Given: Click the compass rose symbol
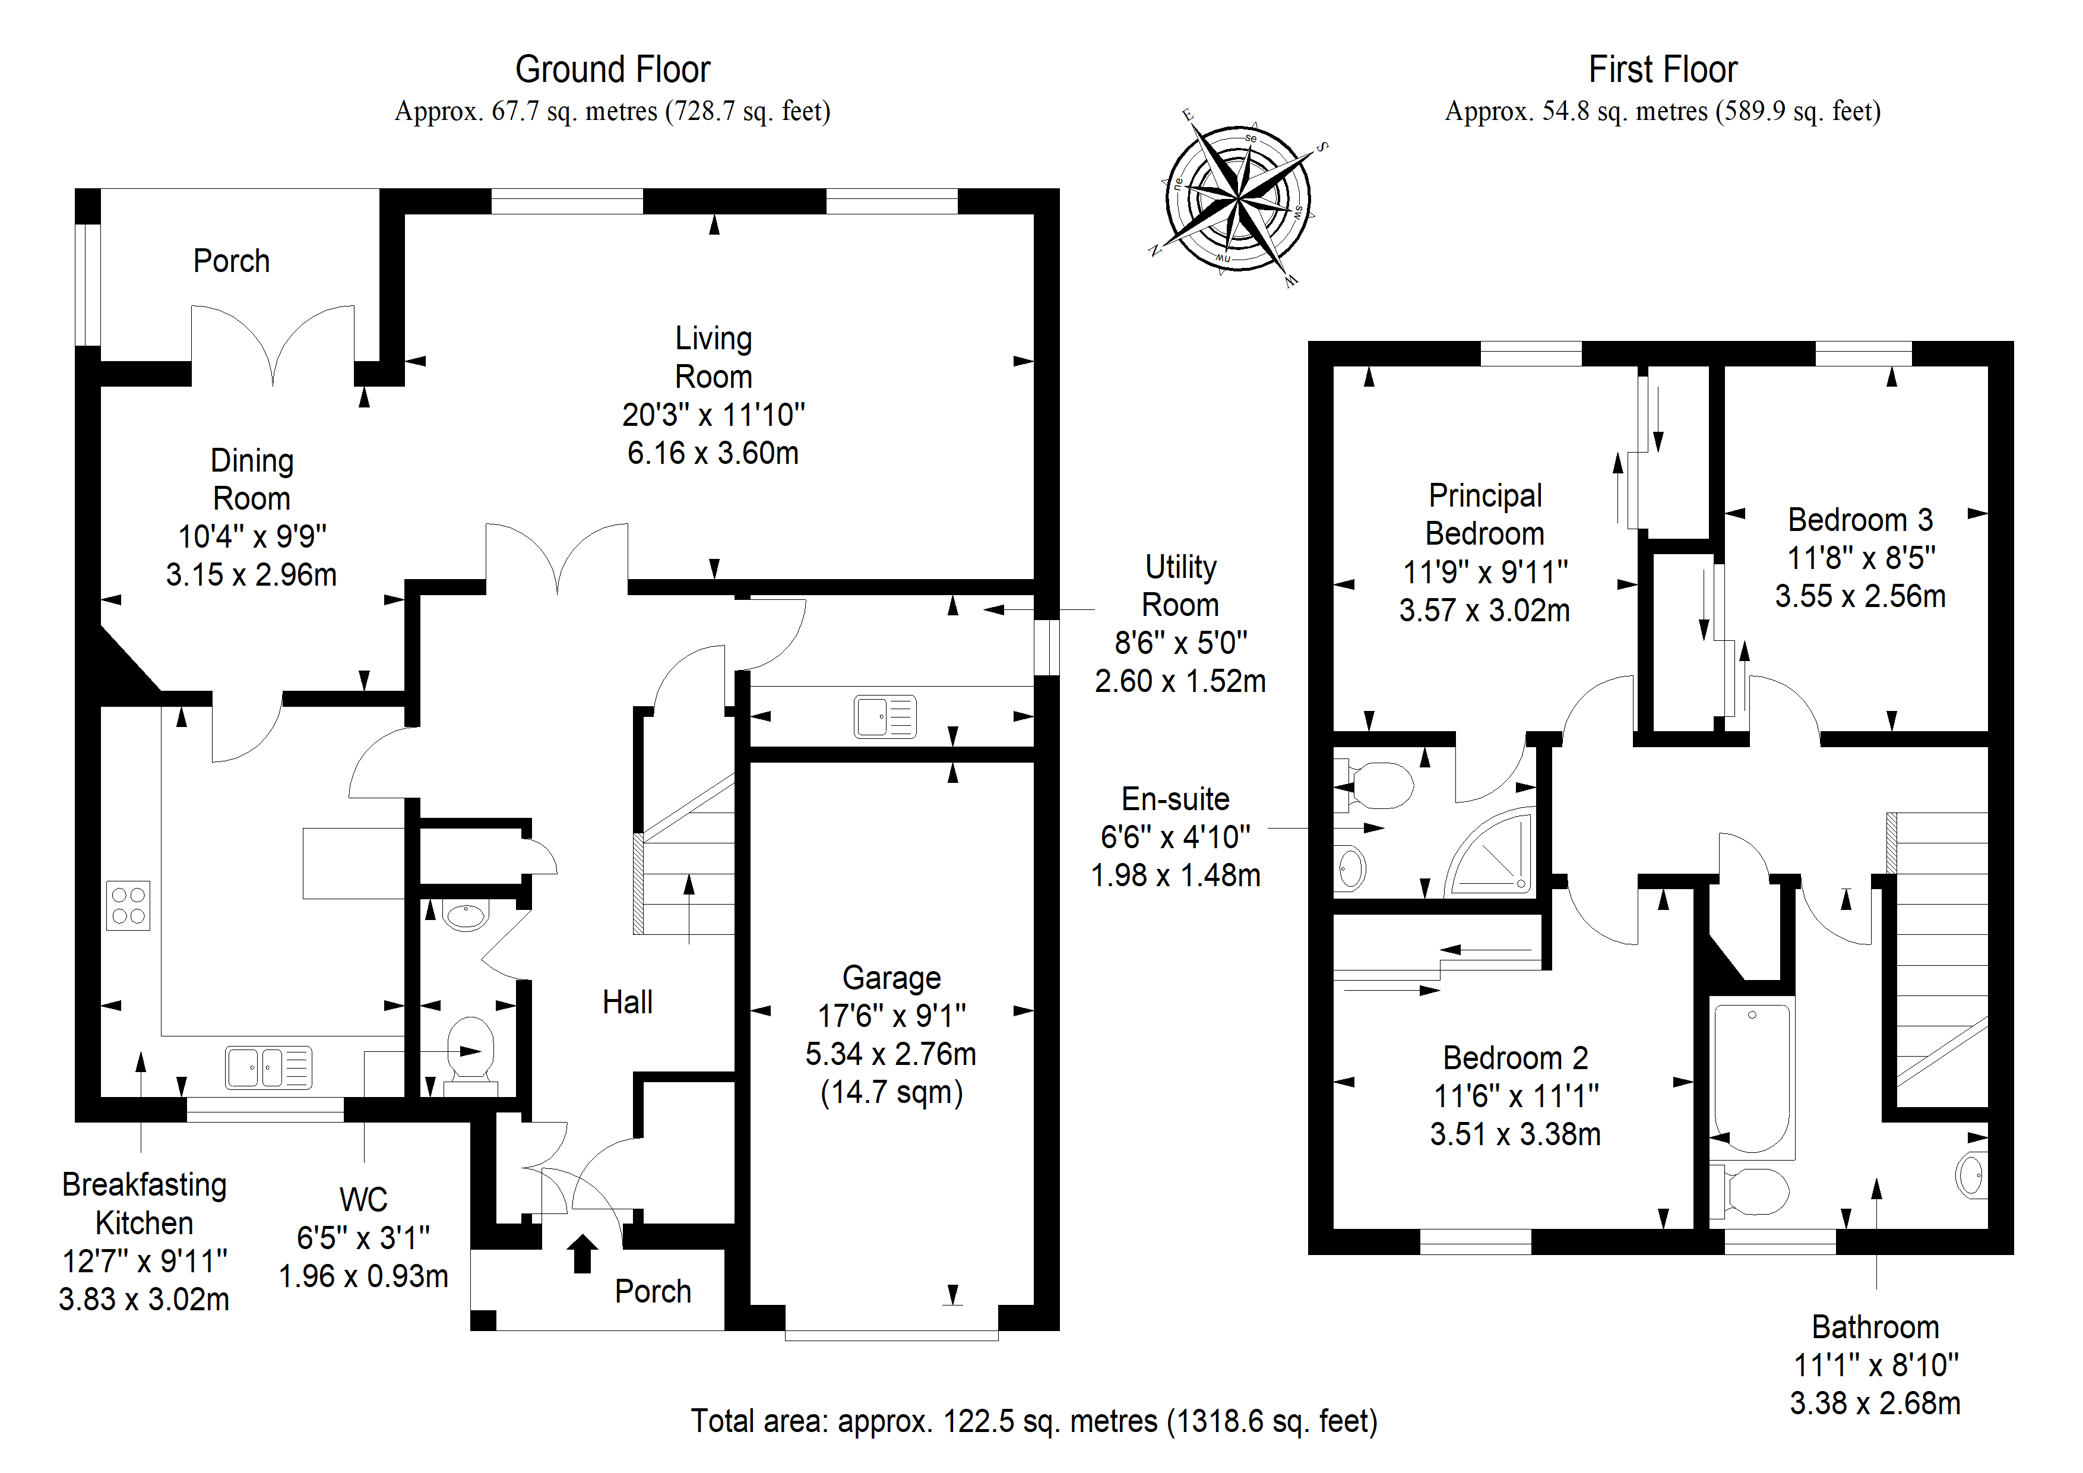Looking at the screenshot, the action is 1239,198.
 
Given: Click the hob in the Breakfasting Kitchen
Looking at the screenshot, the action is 128,905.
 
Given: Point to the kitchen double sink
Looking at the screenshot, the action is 268,1067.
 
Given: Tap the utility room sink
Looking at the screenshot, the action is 885,716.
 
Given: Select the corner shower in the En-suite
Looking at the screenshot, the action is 1490,851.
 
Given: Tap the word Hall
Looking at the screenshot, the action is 628,1002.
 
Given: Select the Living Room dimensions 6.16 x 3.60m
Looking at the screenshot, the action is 713,453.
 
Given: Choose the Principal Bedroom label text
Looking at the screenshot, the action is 1485,514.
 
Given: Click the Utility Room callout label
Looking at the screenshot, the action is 1180,586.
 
